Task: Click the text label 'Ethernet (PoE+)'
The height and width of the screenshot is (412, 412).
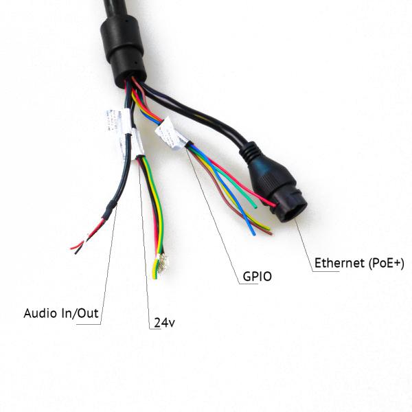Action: click(359, 263)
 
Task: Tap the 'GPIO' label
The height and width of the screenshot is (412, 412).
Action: click(257, 277)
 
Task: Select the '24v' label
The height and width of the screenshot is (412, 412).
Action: click(164, 323)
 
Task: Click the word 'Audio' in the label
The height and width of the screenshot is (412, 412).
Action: click(41, 313)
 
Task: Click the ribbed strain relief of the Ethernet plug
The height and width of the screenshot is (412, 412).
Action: click(251, 152)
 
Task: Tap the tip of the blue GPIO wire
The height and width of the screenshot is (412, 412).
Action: click(253, 233)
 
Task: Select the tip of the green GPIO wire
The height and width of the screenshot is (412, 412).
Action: click(255, 207)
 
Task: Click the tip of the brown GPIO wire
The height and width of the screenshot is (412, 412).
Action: click(270, 233)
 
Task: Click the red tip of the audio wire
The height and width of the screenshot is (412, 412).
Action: click(72, 248)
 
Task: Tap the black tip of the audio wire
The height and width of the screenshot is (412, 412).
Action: click(76, 253)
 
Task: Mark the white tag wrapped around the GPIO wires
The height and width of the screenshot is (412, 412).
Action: click(171, 133)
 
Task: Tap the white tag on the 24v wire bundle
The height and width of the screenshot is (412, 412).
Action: click(137, 144)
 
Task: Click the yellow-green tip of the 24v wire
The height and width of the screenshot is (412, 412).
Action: click(154, 275)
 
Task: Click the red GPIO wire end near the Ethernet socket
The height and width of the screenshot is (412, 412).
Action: click(273, 205)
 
